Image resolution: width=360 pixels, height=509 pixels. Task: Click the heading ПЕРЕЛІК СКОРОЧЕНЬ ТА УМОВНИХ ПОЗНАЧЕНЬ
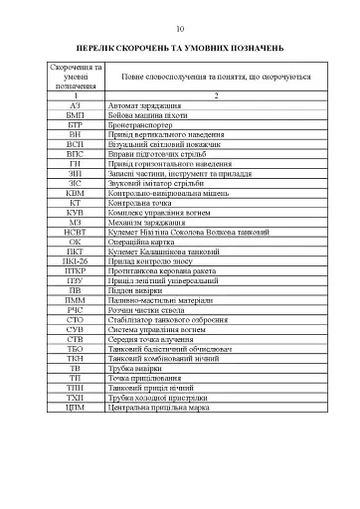(180, 47)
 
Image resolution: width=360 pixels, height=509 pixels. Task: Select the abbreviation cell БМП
(76, 116)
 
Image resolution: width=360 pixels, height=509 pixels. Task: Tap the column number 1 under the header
(76, 93)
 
